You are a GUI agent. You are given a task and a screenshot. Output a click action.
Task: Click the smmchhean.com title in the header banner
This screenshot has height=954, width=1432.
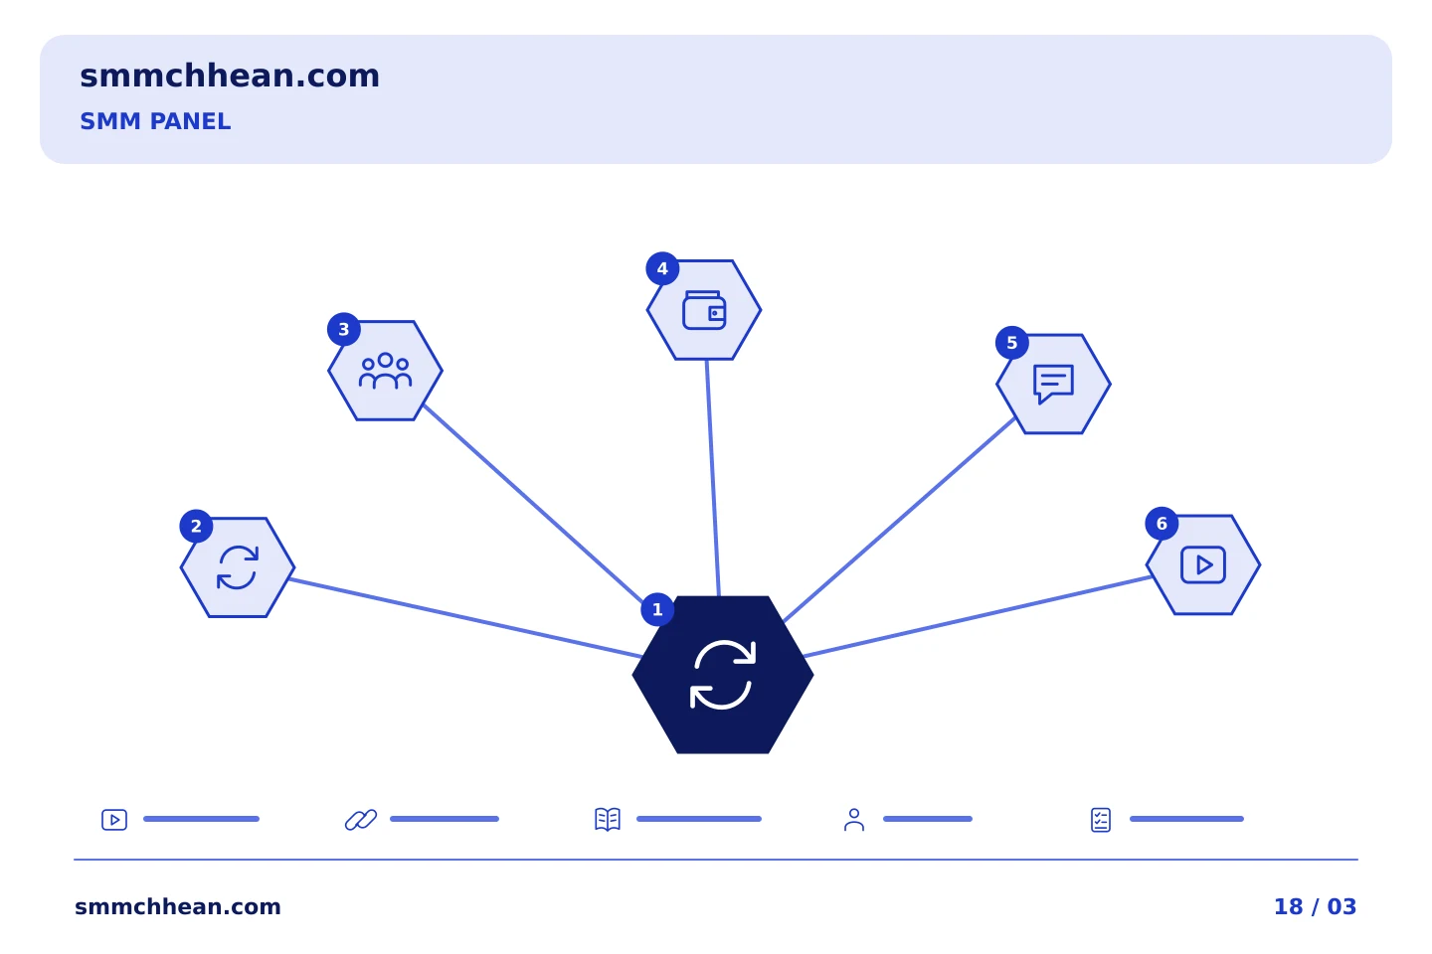click(x=230, y=77)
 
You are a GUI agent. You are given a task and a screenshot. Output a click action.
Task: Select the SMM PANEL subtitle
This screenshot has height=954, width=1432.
click(x=155, y=121)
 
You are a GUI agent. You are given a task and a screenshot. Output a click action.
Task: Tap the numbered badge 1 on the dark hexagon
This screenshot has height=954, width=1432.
click(x=657, y=609)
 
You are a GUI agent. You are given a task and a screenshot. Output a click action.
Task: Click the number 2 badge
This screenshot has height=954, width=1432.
click(x=196, y=526)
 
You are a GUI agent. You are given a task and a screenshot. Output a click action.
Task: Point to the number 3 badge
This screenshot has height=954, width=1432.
click(x=344, y=329)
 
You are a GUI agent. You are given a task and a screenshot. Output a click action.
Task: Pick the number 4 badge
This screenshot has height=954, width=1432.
click(x=662, y=268)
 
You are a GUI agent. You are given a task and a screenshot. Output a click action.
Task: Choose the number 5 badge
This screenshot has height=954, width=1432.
click(x=1012, y=343)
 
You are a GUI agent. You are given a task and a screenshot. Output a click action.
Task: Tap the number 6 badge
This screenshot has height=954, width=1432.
click(x=1162, y=524)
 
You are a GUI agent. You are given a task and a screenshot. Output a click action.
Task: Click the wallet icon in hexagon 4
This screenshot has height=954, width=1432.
click(x=704, y=311)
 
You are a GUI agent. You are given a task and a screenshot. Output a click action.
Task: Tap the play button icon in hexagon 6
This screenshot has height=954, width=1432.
click(x=1203, y=564)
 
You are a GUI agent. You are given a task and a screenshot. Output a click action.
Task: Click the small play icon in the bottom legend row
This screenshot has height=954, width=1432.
click(x=114, y=820)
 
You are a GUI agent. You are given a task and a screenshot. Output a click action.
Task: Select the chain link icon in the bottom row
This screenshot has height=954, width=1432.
click(x=361, y=820)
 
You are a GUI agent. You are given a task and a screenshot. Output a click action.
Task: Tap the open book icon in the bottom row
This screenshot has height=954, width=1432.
click(x=608, y=820)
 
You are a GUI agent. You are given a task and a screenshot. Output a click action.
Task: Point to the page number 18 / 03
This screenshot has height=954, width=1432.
click(x=1315, y=906)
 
